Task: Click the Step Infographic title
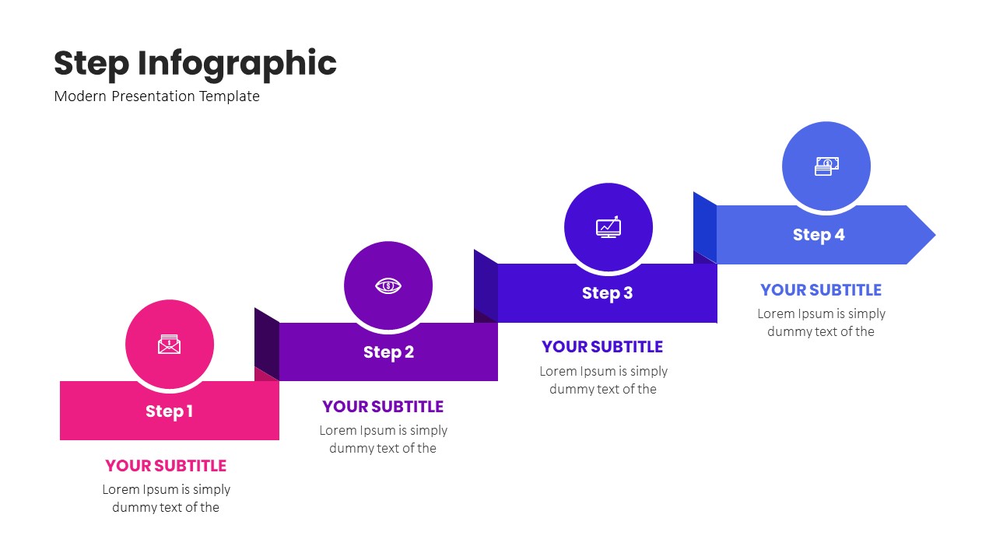pos(195,64)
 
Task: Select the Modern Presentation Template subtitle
pos(157,96)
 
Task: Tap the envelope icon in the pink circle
pos(169,345)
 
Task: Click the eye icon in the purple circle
pos(388,285)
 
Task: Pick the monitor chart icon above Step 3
pos(608,226)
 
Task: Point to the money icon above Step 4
pos(826,166)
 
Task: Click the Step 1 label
pos(169,411)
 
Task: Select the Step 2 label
pos(388,352)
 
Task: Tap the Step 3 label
pos(607,293)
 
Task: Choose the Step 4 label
pos(819,235)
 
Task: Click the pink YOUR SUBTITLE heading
pos(166,466)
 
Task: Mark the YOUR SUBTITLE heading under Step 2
pos(383,407)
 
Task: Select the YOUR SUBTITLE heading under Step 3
pos(602,347)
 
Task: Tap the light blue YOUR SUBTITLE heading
pos(821,290)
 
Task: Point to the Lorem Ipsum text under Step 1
pos(166,499)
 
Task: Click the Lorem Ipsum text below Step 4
pos(821,323)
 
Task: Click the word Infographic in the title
pos(237,64)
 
